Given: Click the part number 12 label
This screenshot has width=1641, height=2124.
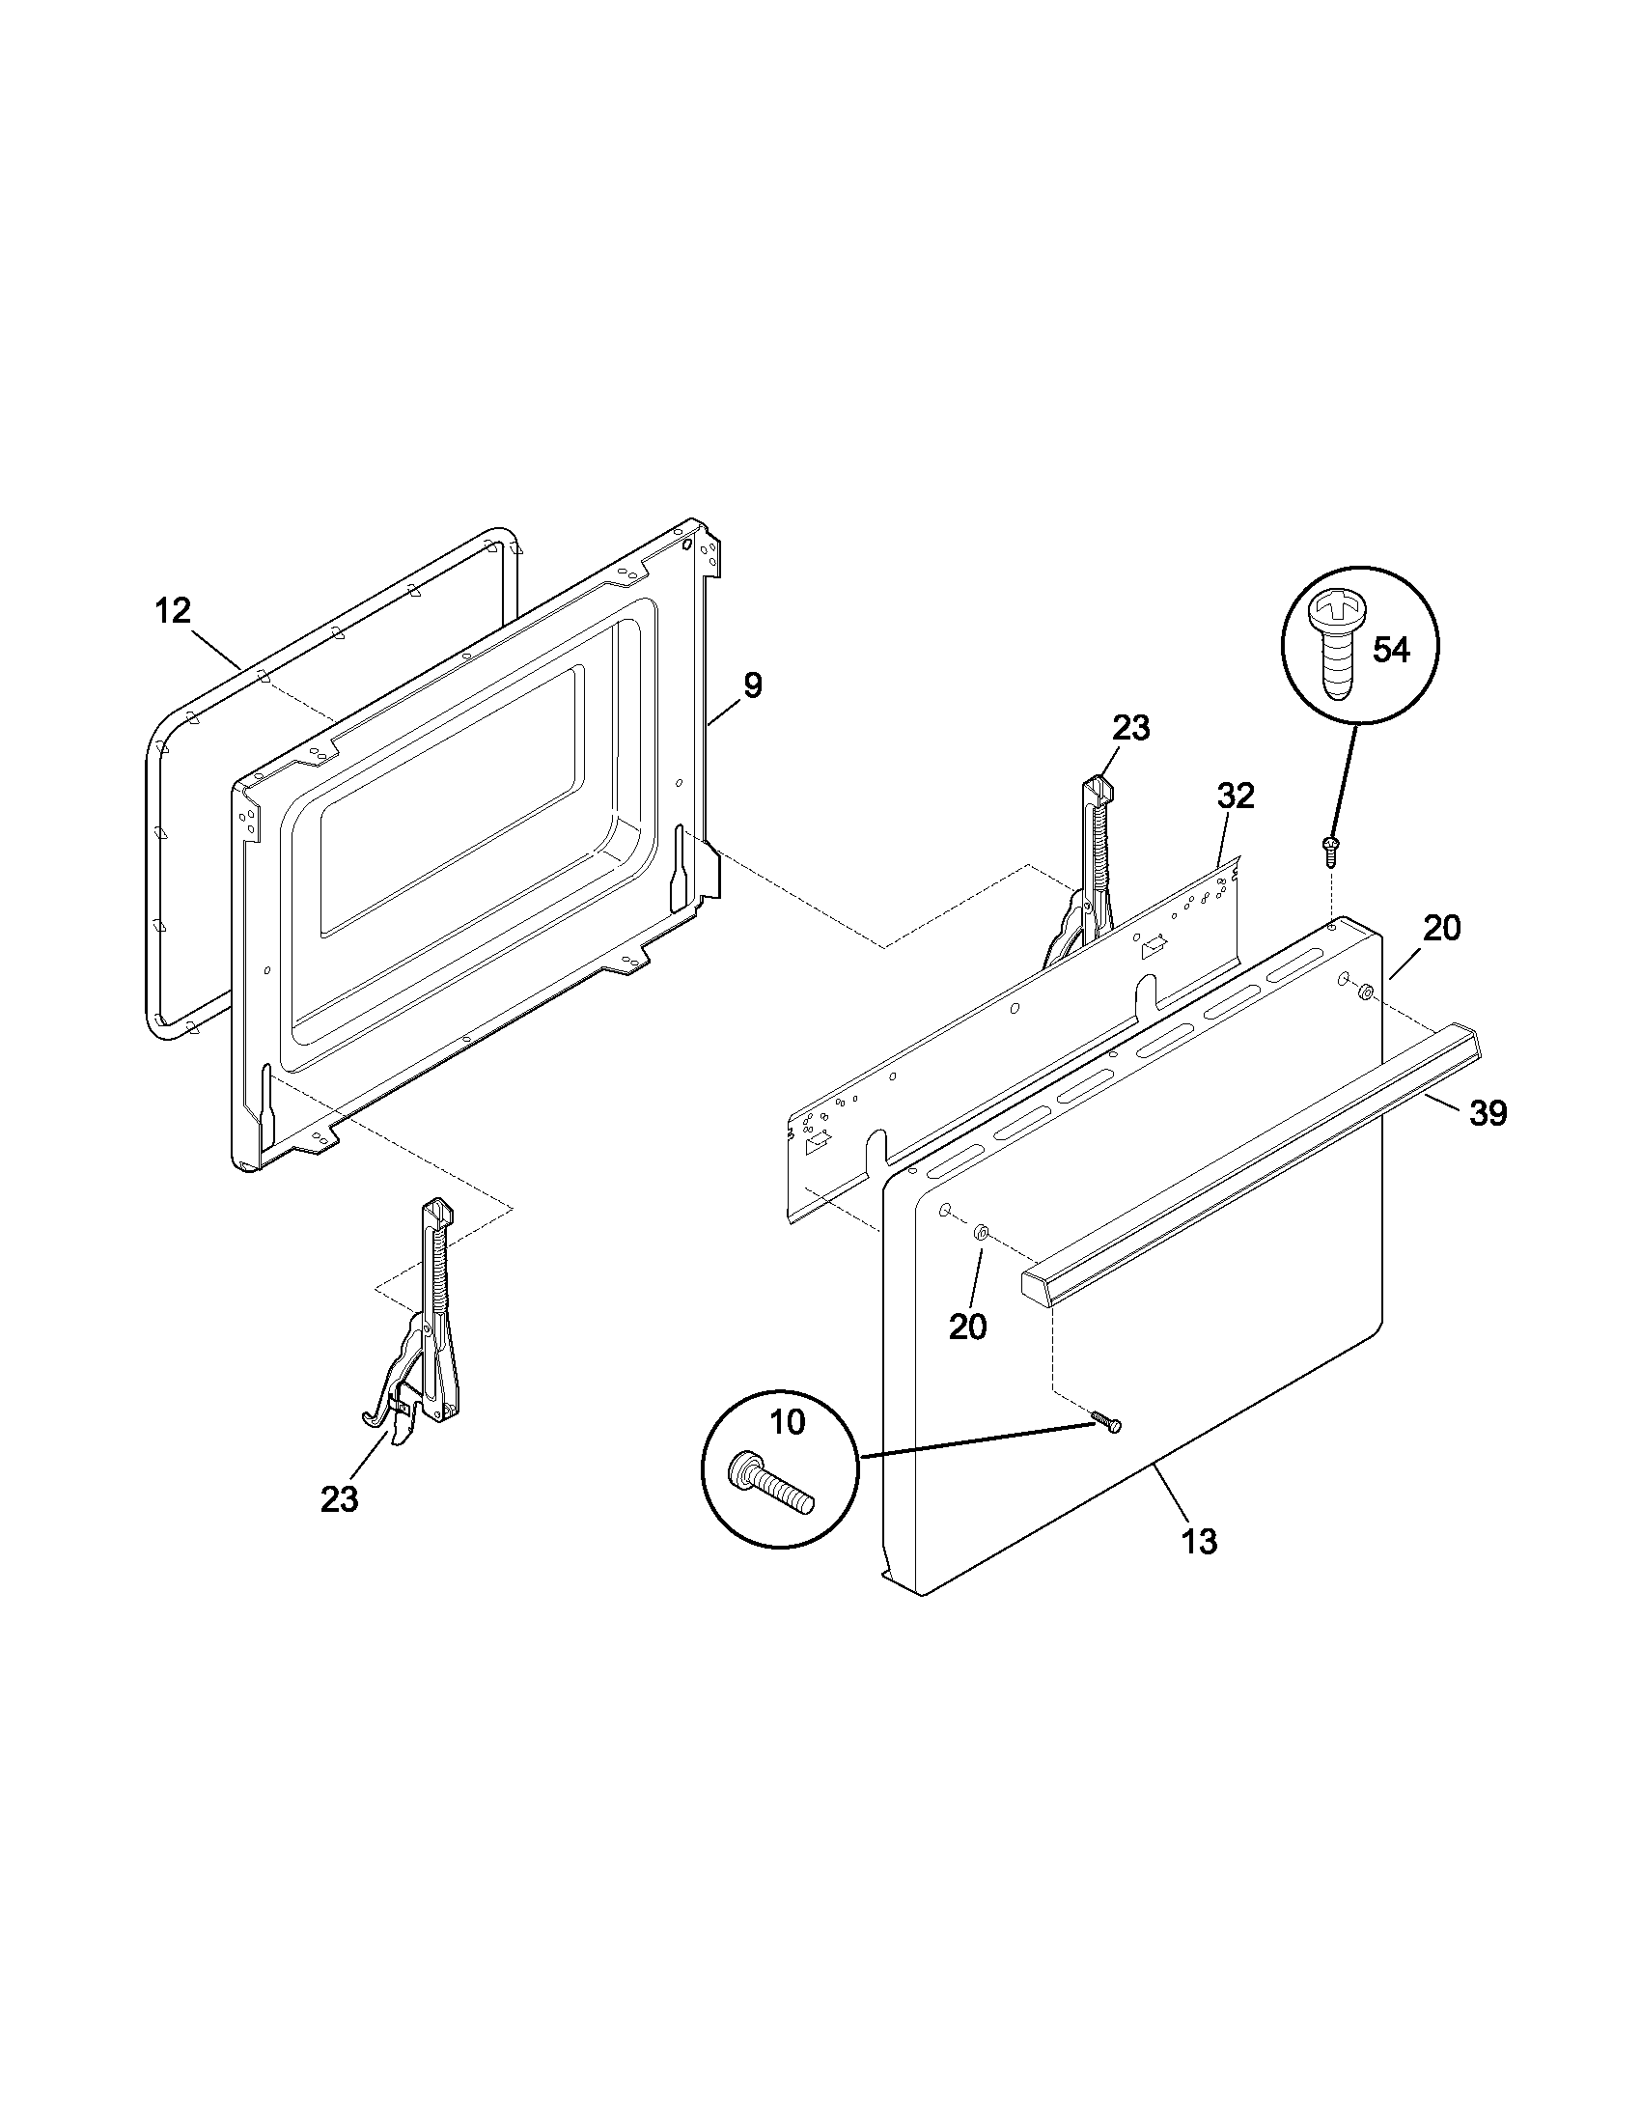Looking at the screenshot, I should coord(173,612).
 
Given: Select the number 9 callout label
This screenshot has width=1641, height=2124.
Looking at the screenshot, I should coord(753,685).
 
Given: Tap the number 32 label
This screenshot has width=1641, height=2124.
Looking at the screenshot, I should coord(1236,796).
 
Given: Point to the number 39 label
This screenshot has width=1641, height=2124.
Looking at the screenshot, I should coord(1488,1112).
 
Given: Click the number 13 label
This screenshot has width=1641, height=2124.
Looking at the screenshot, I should coord(1200,1542).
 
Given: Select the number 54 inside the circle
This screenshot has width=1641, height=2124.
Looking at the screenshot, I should coord(1390,650).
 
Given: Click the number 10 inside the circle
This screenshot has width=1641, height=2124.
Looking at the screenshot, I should coord(788,1423).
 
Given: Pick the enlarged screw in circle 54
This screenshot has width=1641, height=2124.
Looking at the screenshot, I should coord(1339,645).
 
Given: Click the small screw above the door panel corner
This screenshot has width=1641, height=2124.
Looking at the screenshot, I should coord(1329,848).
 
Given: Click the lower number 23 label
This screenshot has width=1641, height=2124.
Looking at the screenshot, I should coord(339,1499).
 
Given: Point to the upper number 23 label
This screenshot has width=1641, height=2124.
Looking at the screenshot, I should coord(1130,727).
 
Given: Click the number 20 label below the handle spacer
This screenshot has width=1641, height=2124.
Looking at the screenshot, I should coord(967,1327).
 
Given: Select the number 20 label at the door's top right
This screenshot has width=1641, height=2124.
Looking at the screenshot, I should coord(1442,929).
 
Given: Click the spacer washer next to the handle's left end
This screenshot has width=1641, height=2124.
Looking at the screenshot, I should coord(981,1233).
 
